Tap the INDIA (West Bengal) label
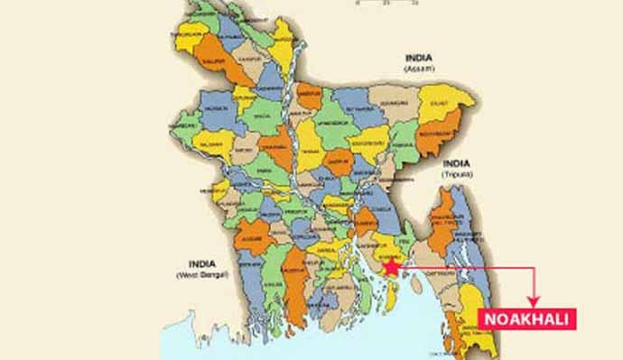[x=201, y=267]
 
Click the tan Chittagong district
[x=442, y=271]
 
